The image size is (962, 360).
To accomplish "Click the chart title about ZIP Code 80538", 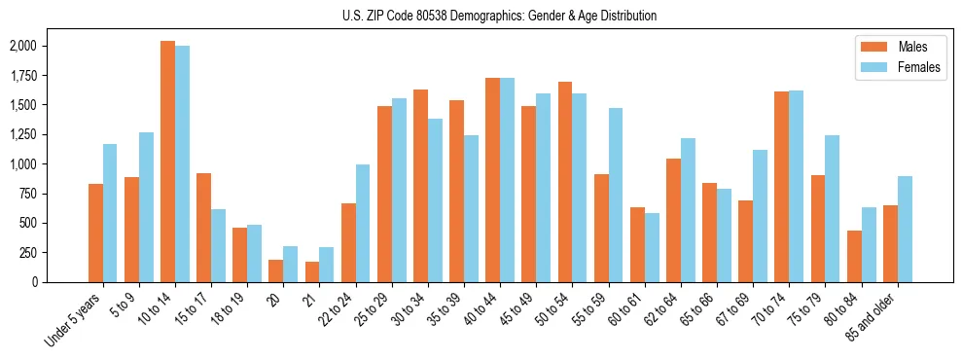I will click(499, 16).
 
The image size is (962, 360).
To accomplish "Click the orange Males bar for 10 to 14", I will click(167, 162).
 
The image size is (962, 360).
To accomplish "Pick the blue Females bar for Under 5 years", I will click(110, 213).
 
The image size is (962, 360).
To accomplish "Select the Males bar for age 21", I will click(312, 271).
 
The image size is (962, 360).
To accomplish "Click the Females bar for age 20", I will click(291, 264).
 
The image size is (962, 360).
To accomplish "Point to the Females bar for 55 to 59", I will click(616, 195).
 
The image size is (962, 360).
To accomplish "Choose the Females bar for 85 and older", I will click(905, 229).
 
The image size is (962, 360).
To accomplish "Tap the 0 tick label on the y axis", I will click(35, 282).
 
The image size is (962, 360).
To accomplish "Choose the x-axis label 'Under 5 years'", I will click(73, 320).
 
